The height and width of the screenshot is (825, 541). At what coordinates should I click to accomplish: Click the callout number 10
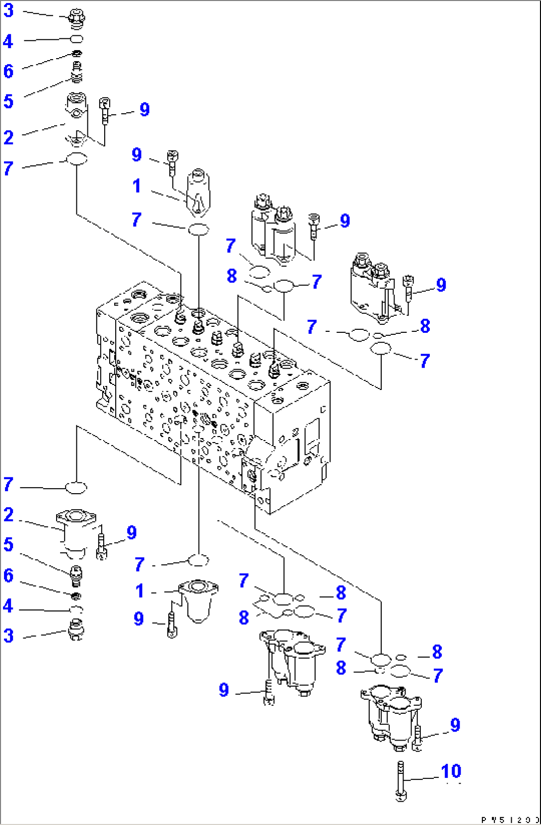click(451, 771)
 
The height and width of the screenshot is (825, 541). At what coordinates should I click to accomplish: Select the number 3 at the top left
click(8, 11)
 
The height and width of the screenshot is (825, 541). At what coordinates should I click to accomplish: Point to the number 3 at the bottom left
click(8, 635)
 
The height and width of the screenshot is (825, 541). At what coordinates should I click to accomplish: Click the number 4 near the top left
click(8, 41)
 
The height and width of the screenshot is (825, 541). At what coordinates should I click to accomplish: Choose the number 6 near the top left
click(8, 71)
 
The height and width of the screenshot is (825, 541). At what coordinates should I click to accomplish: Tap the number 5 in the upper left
click(8, 101)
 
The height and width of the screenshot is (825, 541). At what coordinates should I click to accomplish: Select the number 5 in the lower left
click(8, 544)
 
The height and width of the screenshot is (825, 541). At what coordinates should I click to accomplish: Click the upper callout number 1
click(136, 186)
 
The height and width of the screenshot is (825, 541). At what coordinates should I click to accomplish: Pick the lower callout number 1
click(140, 591)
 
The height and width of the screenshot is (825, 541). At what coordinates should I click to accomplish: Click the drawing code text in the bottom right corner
click(509, 819)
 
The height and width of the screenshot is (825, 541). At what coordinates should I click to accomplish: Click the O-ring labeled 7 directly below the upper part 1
click(199, 229)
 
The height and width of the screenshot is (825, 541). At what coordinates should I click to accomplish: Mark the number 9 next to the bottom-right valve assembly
click(455, 725)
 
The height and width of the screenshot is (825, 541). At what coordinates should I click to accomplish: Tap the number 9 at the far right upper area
click(441, 285)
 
